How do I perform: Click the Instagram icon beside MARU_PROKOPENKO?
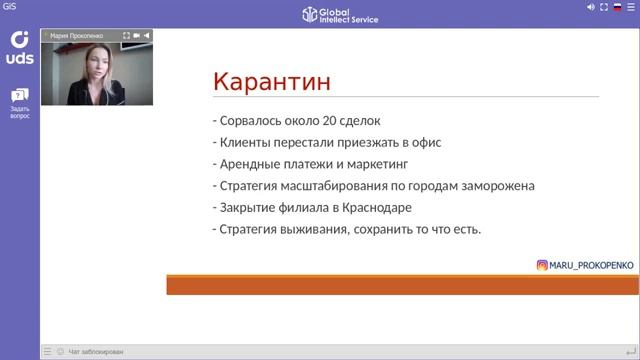click(x=542, y=265)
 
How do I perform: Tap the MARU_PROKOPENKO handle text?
click(x=589, y=265)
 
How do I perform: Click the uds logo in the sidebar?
click(x=19, y=48)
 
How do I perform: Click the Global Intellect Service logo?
click(x=340, y=13)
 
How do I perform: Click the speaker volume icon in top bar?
click(x=591, y=7)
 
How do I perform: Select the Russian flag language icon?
click(x=618, y=7)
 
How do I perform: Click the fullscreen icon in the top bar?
click(x=604, y=7)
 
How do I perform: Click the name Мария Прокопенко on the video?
click(x=77, y=35)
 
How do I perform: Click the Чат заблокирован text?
click(x=96, y=352)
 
